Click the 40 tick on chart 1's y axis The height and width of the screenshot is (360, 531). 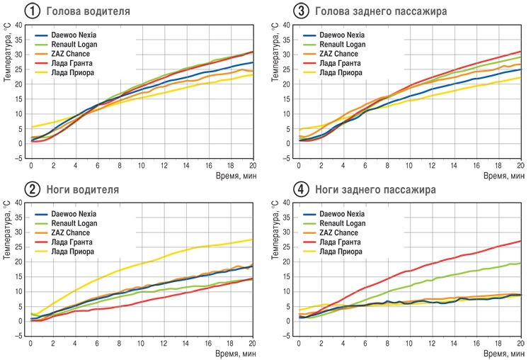18,25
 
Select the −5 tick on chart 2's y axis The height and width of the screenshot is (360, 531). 18,336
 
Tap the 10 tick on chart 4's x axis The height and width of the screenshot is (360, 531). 410,344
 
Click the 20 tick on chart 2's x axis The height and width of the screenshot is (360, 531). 252,344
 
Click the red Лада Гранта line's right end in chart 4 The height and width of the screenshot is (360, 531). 520,241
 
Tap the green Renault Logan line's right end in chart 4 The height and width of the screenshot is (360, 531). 520,264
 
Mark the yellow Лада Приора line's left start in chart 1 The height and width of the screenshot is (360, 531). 31,127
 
